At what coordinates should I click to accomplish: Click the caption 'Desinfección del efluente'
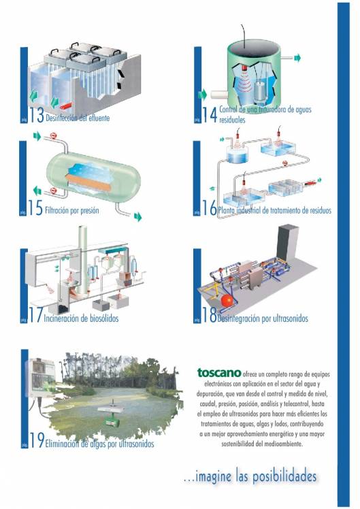tap(77, 118)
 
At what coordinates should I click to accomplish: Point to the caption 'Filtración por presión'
tap(71, 211)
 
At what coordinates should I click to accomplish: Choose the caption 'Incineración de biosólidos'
tap(84, 318)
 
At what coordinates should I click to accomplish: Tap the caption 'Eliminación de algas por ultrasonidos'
tap(99, 444)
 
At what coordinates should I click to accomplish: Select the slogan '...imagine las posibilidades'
tap(250, 476)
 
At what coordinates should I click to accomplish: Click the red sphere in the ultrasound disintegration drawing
tap(225, 301)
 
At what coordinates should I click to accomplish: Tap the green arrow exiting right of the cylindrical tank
tap(297, 59)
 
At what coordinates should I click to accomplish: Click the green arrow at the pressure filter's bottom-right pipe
tap(137, 216)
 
